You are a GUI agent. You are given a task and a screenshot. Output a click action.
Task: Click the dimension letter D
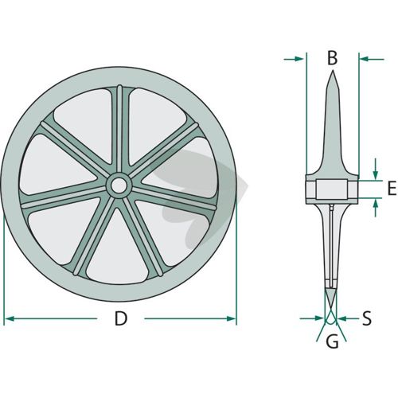coord(121,318)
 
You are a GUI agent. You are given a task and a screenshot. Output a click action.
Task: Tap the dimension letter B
coord(332,58)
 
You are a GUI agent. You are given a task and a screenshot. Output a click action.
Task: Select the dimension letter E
coord(392,188)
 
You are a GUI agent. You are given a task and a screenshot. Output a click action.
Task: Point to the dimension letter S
coord(367,318)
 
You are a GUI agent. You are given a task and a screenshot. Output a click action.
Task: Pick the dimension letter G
coord(332,341)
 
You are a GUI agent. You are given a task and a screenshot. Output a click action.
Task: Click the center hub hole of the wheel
coord(119,185)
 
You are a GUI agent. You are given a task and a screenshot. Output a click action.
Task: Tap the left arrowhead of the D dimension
coord(10,318)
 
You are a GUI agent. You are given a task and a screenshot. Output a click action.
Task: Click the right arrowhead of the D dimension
coord(231,318)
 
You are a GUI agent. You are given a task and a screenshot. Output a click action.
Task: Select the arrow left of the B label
coord(294,59)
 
